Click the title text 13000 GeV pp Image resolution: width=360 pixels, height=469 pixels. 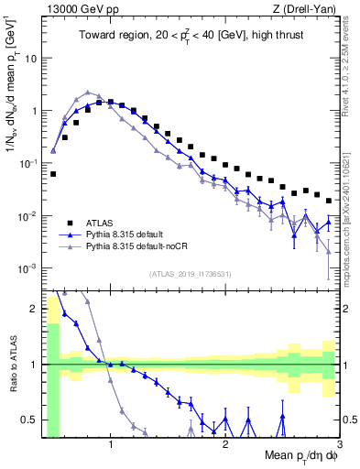pyautogui.click(x=75, y=9)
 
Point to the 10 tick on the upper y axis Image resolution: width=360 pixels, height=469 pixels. pyautogui.click(x=31, y=58)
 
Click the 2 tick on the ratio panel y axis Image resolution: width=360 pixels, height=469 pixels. pyautogui.click(x=34, y=309)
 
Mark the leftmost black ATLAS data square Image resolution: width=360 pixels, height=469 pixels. pyautogui.click(x=53, y=173)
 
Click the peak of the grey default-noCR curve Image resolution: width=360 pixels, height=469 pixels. pyautogui.click(x=87, y=93)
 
